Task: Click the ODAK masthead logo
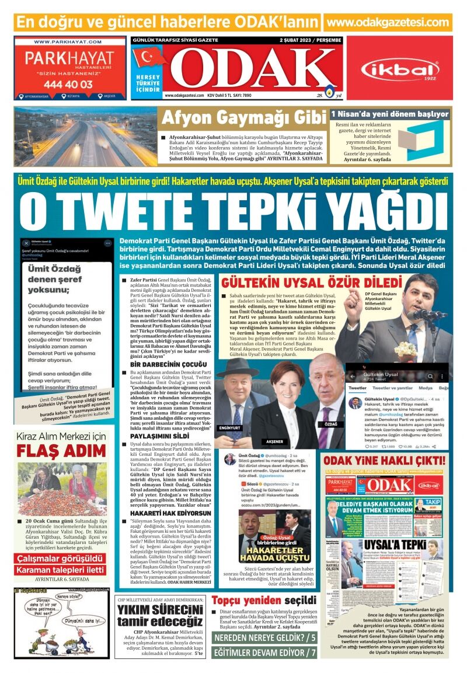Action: (x=251, y=69)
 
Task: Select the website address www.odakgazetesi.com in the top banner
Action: (x=388, y=22)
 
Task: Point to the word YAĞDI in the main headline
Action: (x=386, y=212)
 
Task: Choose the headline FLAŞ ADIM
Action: (x=61, y=451)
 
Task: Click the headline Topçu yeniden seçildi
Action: (x=264, y=601)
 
